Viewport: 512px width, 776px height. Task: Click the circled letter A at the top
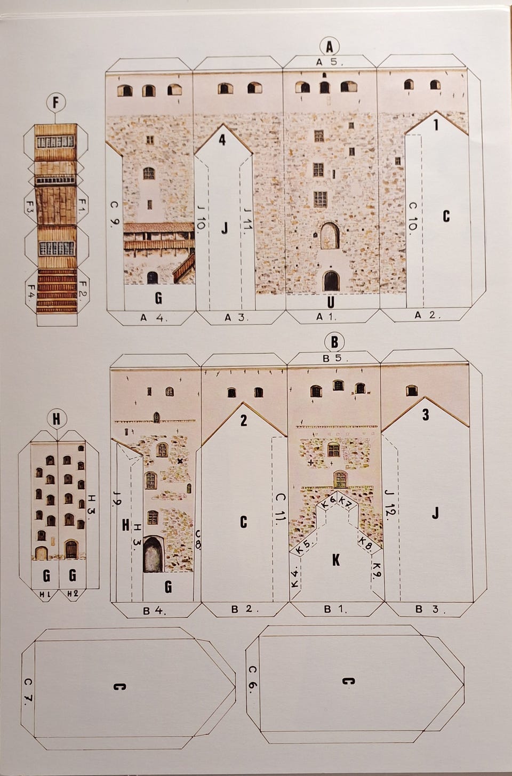[330, 46]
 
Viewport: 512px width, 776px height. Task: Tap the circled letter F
[55, 102]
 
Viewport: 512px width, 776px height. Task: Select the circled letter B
[334, 342]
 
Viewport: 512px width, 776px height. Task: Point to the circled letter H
[56, 419]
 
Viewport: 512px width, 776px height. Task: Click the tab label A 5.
[329, 62]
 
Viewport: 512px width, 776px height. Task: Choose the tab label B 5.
[335, 358]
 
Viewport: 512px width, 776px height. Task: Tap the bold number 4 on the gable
[222, 140]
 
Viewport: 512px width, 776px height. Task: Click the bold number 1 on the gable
[436, 125]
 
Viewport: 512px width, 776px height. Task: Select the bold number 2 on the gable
[244, 420]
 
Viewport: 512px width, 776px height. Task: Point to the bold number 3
[426, 415]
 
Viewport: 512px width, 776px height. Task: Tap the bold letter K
[335, 559]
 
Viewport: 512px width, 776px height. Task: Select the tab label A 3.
[236, 317]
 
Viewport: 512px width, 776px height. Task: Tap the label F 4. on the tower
[31, 292]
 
